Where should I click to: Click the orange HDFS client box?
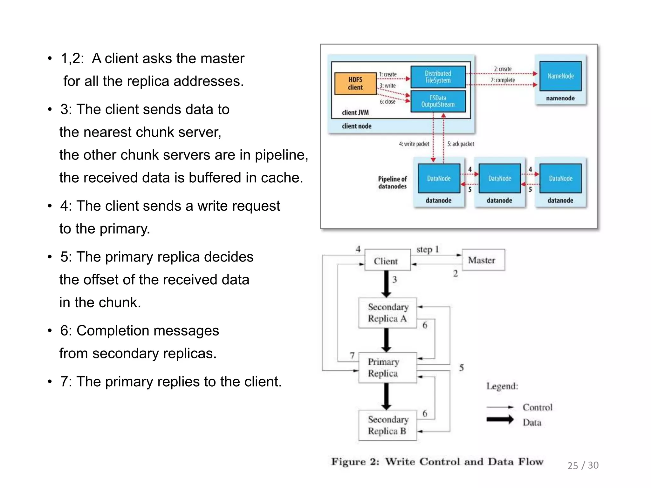[x=355, y=84]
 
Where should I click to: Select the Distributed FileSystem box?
[x=438, y=77]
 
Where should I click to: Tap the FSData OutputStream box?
[x=438, y=101]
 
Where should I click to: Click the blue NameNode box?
[x=560, y=76]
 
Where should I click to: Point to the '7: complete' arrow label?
[x=503, y=80]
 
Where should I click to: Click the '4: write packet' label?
[x=414, y=144]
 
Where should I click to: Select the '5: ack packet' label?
[x=461, y=144]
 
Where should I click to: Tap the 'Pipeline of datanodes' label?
[x=392, y=183]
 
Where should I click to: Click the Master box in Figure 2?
[x=483, y=260]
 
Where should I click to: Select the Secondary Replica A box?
[x=387, y=313]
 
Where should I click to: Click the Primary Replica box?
[x=387, y=368]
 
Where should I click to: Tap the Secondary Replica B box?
[x=387, y=425]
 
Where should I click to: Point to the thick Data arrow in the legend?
[x=500, y=419]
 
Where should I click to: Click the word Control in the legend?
[x=538, y=407]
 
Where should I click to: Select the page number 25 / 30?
[x=583, y=465]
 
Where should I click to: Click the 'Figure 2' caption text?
[x=437, y=462]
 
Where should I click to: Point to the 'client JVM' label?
[x=355, y=112]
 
